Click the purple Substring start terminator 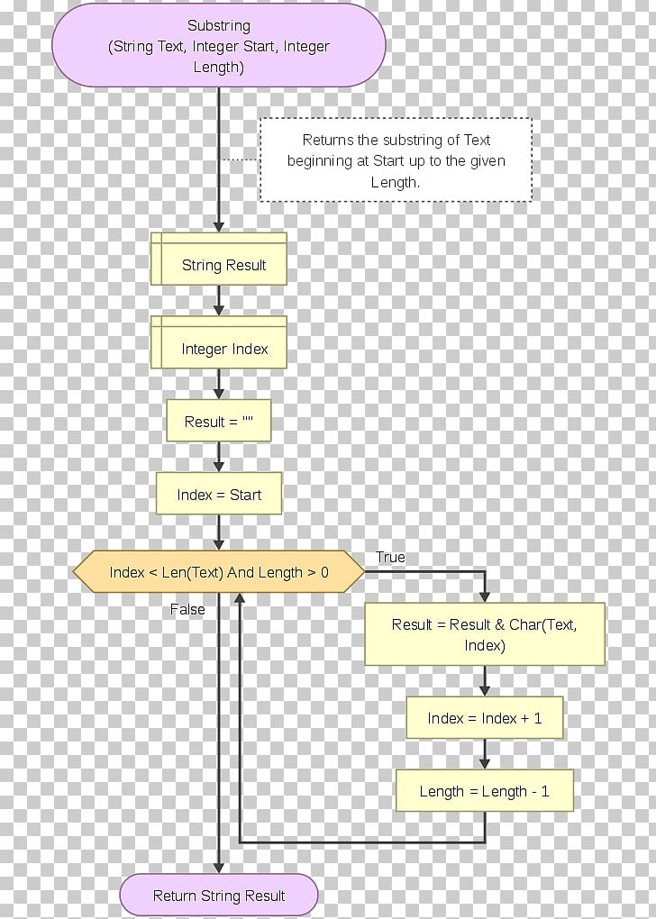click(x=219, y=46)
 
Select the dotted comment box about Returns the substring click(x=396, y=160)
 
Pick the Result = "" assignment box click(x=219, y=422)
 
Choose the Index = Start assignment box click(x=219, y=495)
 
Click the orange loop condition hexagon click(x=219, y=572)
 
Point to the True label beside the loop click(x=390, y=558)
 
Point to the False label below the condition click(x=187, y=610)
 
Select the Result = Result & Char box click(x=484, y=635)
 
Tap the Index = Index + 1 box click(x=485, y=718)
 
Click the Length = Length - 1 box click(x=485, y=792)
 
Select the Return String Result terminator click(x=219, y=896)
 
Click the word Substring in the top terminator click(x=219, y=26)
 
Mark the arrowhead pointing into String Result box click(x=219, y=226)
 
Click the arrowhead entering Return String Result click(x=219, y=867)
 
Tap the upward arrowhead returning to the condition click(x=239, y=599)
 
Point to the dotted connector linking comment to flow click(x=240, y=160)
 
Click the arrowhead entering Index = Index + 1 click(x=485, y=690)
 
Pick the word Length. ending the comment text click(x=396, y=182)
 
